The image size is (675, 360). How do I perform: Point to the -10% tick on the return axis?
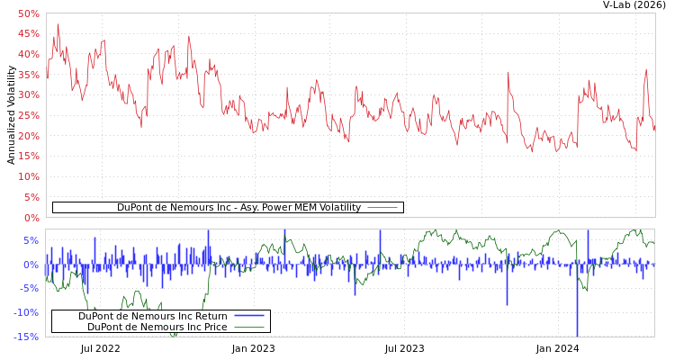(26, 312)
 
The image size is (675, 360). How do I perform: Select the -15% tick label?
(26, 337)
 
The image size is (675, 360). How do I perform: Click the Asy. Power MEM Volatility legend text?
(238, 207)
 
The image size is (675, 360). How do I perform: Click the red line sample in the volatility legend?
(382, 207)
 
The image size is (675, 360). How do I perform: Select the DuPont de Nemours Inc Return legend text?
(153, 316)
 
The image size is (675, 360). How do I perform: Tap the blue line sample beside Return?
(248, 316)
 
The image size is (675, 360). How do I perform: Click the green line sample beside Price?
(248, 327)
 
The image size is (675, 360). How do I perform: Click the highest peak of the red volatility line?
(58, 24)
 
